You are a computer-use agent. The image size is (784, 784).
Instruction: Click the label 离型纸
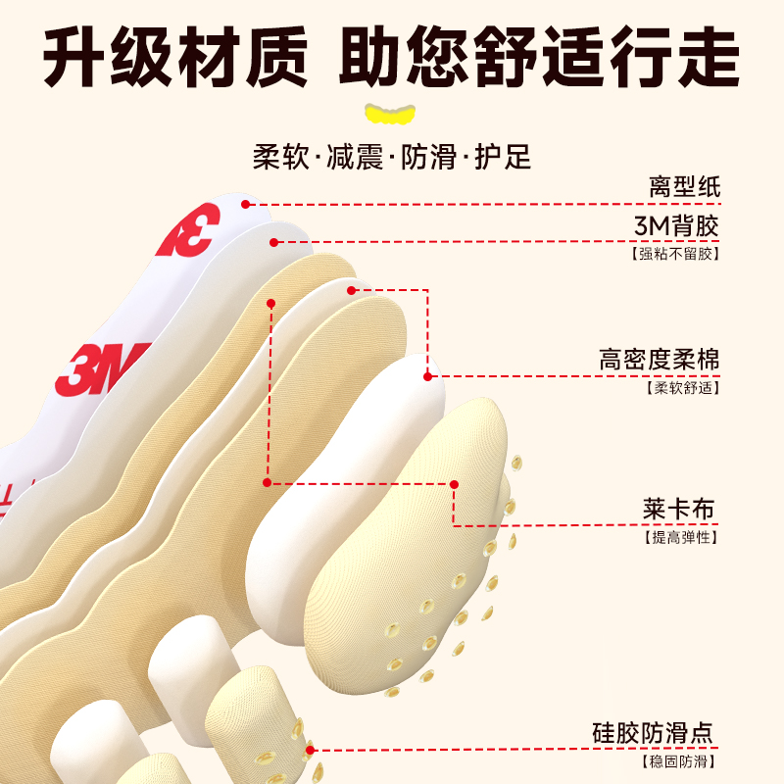684,186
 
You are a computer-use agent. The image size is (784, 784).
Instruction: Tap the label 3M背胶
677,226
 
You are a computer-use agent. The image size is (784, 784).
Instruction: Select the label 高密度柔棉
660,360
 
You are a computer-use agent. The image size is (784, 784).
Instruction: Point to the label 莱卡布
679,511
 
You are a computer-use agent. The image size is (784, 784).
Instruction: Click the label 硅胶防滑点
654,733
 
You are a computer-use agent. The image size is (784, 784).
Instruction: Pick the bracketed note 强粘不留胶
676,254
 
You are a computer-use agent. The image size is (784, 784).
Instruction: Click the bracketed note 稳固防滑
678,760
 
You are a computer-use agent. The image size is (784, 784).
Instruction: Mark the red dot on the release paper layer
247,205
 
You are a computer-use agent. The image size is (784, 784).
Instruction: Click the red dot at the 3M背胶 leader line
275,242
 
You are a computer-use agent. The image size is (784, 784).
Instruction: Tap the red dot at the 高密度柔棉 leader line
427,375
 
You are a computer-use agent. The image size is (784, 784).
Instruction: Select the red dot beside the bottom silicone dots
311,750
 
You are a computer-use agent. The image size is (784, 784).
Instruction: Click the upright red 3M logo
103,367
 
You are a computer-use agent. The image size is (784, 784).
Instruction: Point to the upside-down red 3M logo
186,231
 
